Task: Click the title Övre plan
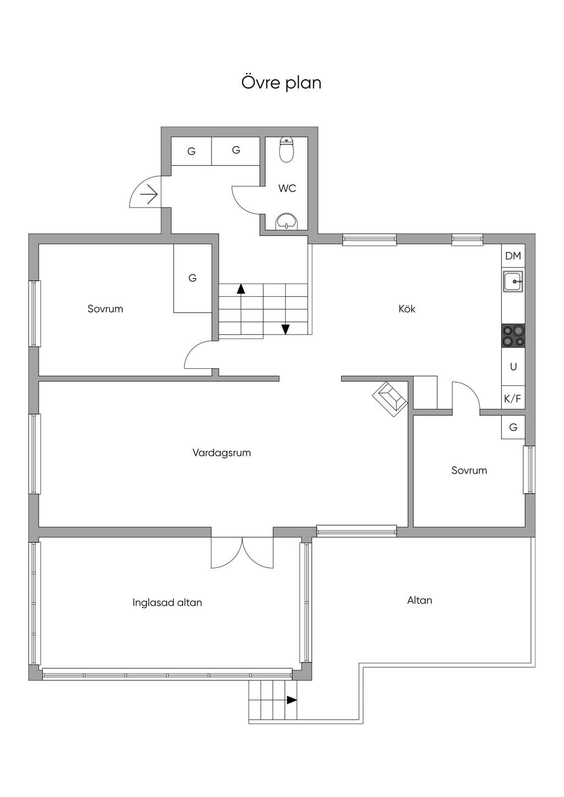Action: coord(281,83)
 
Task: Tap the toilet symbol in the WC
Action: coord(286,150)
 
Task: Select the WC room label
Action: coord(287,188)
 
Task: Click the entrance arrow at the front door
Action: coord(149,194)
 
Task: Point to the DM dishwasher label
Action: coord(513,256)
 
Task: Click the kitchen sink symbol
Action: coord(513,281)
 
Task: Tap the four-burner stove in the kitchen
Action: coord(513,336)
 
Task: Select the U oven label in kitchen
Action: coord(513,367)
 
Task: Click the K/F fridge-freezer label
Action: coord(513,399)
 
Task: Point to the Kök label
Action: coord(407,308)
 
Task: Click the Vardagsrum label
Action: coord(221,453)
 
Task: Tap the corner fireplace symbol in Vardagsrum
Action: coord(390,399)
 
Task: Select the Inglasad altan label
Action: coord(167,602)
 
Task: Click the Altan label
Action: coord(420,601)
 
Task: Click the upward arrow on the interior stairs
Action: coord(241,289)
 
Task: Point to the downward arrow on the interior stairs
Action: coord(285,329)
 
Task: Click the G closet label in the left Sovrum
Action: coord(192,278)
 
